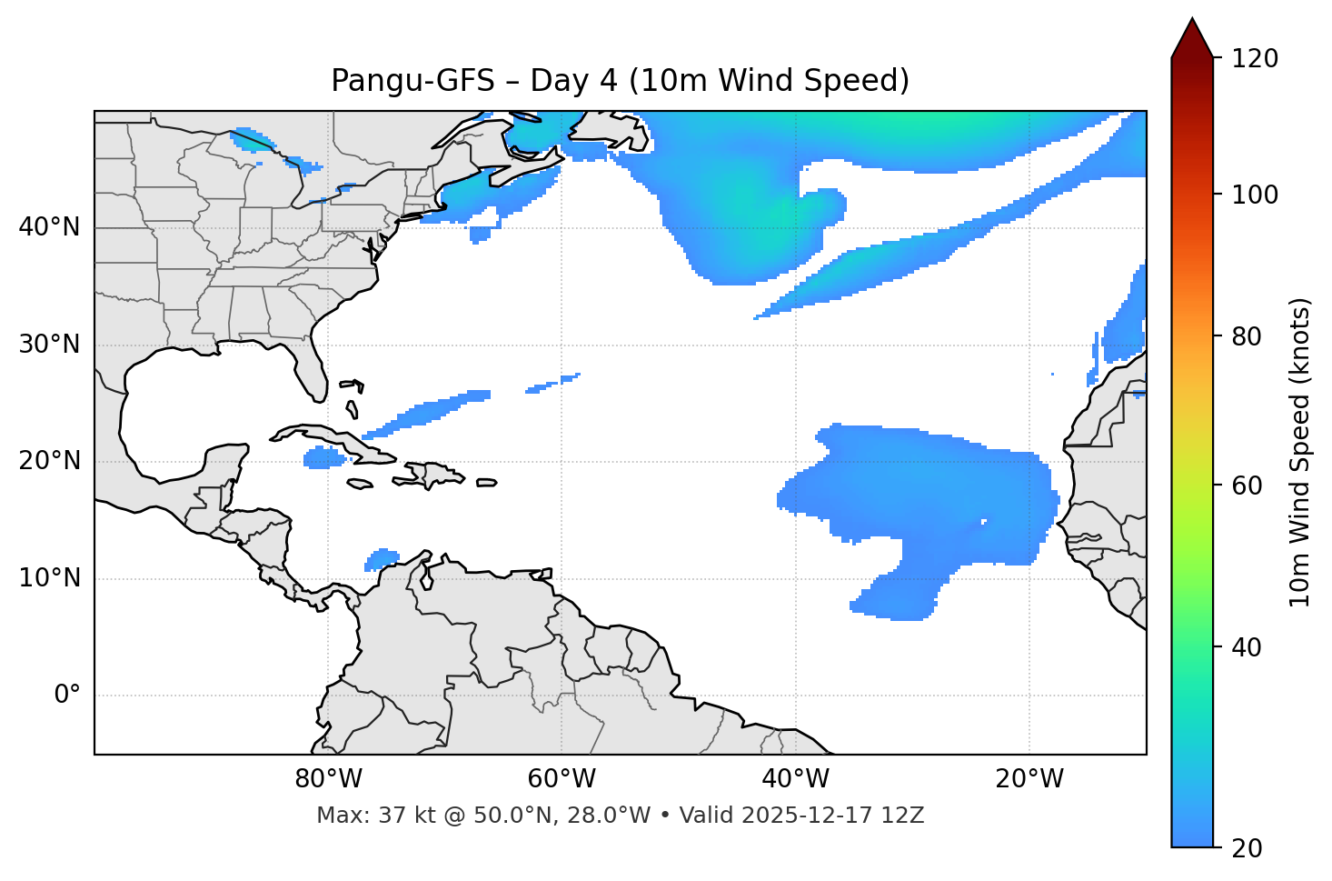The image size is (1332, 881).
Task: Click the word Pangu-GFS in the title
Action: (x=413, y=81)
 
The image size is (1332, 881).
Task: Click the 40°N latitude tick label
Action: (x=49, y=227)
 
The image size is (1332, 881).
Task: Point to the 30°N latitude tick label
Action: (x=49, y=345)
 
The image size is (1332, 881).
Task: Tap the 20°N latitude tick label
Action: (x=49, y=461)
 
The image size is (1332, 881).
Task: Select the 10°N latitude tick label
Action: (x=49, y=578)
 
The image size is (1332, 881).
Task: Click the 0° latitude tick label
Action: (x=67, y=696)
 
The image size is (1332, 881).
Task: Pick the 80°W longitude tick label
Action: (x=328, y=779)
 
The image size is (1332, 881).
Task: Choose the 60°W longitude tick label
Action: (x=562, y=779)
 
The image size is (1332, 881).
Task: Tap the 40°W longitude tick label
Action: (x=795, y=779)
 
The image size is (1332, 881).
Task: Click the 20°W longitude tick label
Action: (x=1029, y=779)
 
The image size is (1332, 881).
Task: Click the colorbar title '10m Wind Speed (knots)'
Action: (x=1300, y=452)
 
